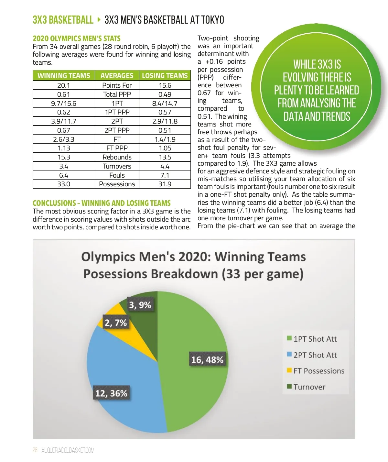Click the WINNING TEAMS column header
pyautogui.click(x=64, y=76)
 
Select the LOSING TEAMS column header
pyautogui.click(x=165, y=76)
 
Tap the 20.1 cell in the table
pyautogui.click(x=64, y=85)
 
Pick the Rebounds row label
pyautogui.click(x=117, y=157)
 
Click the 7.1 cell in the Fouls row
pyautogui.click(x=165, y=175)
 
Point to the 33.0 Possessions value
pyautogui.click(x=64, y=184)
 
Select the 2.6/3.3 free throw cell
pyautogui.click(x=64, y=139)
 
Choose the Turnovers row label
pyautogui.click(x=117, y=166)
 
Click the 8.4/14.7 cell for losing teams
pyautogui.click(x=165, y=104)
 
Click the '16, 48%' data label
pyautogui.click(x=207, y=360)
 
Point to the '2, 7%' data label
pyautogui.click(x=116, y=323)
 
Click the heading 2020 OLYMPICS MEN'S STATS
pyautogui.click(x=77, y=38)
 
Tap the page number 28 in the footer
pyautogui.click(x=35, y=450)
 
